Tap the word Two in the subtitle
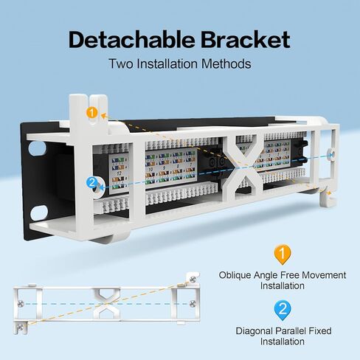tap(122, 63)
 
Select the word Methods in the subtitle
tap(226, 63)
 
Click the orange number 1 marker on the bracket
tap(91, 113)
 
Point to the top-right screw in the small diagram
tap(193, 278)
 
